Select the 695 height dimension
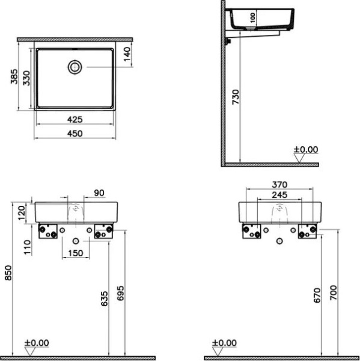[x=120, y=291]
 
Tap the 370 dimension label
[x=279, y=184]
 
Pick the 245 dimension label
[x=279, y=194]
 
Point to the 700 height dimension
[x=334, y=292]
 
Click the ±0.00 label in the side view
[x=305, y=150]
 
